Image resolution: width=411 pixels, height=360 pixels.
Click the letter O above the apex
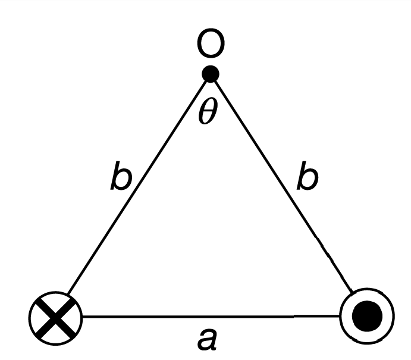click(x=211, y=45)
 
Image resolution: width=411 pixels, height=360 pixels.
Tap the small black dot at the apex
click(x=211, y=74)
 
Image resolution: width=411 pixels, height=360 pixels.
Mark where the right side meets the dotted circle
click(x=352, y=293)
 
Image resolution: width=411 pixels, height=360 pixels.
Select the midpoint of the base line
click(x=211, y=316)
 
